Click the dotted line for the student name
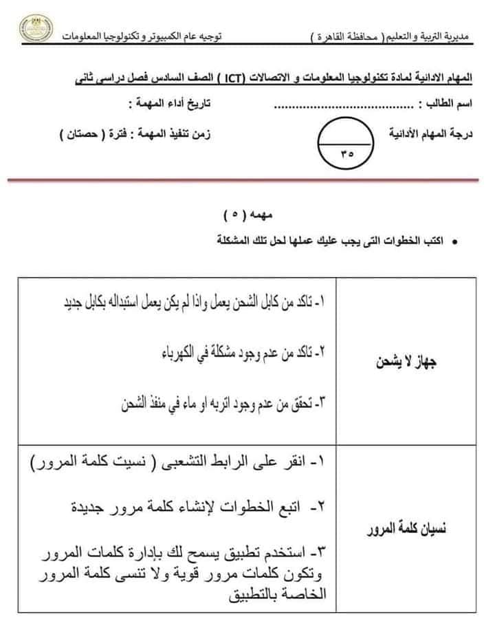[x=344, y=107]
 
